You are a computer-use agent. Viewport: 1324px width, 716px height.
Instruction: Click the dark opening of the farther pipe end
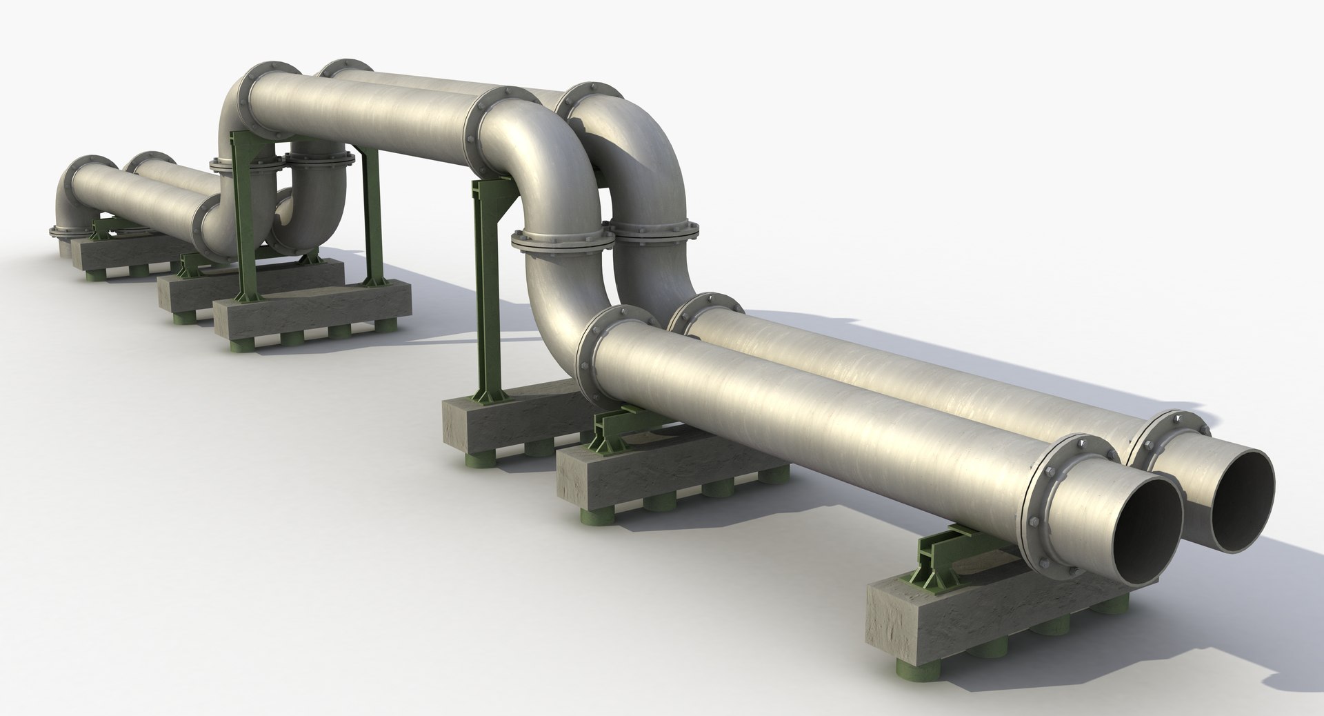coord(1241,497)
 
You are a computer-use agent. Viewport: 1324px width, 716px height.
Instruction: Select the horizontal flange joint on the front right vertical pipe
coord(655,231)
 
